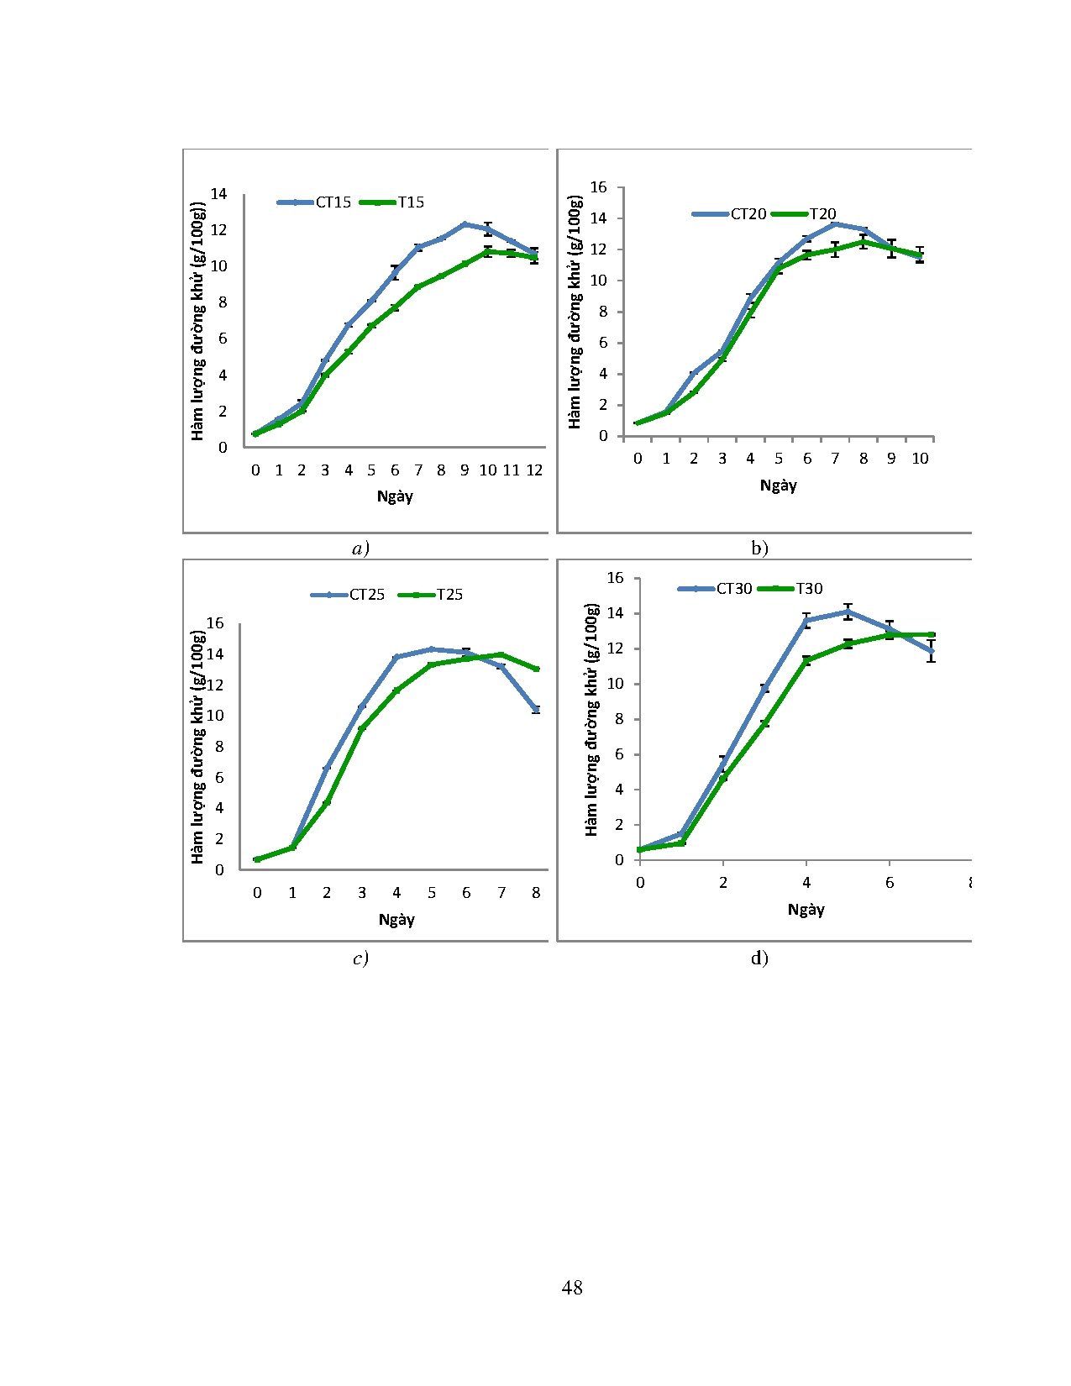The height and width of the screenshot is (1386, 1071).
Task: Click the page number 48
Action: click(x=572, y=1288)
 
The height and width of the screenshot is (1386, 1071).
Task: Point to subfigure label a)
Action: click(x=360, y=549)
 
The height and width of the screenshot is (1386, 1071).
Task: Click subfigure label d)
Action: click(x=759, y=958)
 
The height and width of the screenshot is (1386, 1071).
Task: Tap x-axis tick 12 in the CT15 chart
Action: click(x=534, y=470)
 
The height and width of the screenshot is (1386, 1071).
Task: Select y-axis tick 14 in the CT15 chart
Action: click(x=218, y=194)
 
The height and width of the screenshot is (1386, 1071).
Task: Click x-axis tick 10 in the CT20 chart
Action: click(x=920, y=459)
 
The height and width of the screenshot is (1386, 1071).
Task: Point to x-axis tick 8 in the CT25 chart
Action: click(x=536, y=893)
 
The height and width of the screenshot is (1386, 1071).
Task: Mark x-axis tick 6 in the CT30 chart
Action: click(x=890, y=883)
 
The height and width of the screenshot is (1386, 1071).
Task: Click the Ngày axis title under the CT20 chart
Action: click(x=778, y=486)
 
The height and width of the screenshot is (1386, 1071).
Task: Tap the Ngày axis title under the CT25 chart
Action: click(x=396, y=920)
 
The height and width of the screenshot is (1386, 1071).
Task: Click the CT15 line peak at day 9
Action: click(x=465, y=224)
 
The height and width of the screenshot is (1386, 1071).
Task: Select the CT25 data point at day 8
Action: click(x=536, y=710)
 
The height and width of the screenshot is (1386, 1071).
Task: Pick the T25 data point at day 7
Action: click(x=501, y=654)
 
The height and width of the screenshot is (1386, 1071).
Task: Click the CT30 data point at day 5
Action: click(x=848, y=612)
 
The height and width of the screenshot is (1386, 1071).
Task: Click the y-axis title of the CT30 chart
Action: click(x=592, y=718)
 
